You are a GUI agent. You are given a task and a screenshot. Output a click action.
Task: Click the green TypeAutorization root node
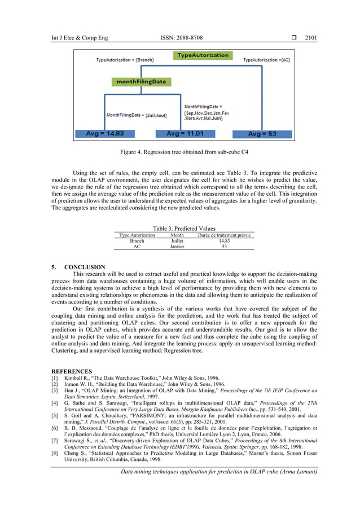pos(203,55)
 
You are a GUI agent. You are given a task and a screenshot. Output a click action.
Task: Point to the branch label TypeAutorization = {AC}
pos(267,59)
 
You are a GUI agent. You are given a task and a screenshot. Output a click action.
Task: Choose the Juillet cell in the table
pos(177,240)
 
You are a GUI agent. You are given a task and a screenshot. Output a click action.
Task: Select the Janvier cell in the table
pos(177,246)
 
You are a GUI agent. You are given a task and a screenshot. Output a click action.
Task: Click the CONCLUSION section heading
pos(85,266)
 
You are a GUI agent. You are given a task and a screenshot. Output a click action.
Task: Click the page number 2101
pos(311,38)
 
